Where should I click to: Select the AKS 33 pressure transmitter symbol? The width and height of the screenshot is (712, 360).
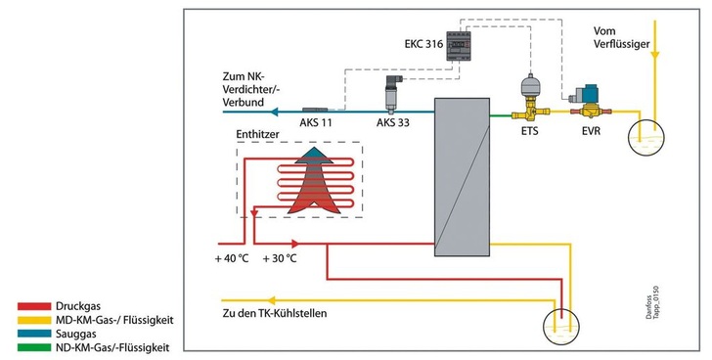394,92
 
